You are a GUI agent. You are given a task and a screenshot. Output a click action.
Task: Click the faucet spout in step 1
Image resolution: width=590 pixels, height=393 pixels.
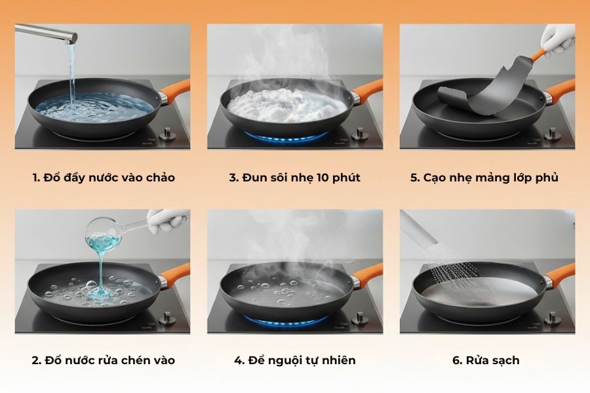click(46, 31)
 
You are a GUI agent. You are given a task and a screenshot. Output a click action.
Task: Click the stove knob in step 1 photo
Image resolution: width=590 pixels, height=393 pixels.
click(168, 134)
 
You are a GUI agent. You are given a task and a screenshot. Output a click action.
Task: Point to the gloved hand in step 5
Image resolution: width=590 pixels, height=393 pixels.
click(557, 41)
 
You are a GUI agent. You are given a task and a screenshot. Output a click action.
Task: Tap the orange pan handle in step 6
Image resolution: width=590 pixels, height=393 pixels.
click(560, 274)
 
